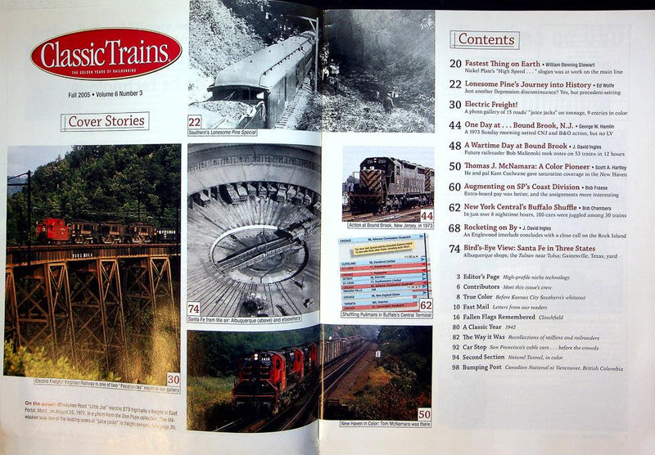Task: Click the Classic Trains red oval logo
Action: point(106,54)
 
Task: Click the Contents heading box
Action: point(485,39)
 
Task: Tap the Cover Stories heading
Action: point(105,122)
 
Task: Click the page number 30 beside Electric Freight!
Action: point(454,104)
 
